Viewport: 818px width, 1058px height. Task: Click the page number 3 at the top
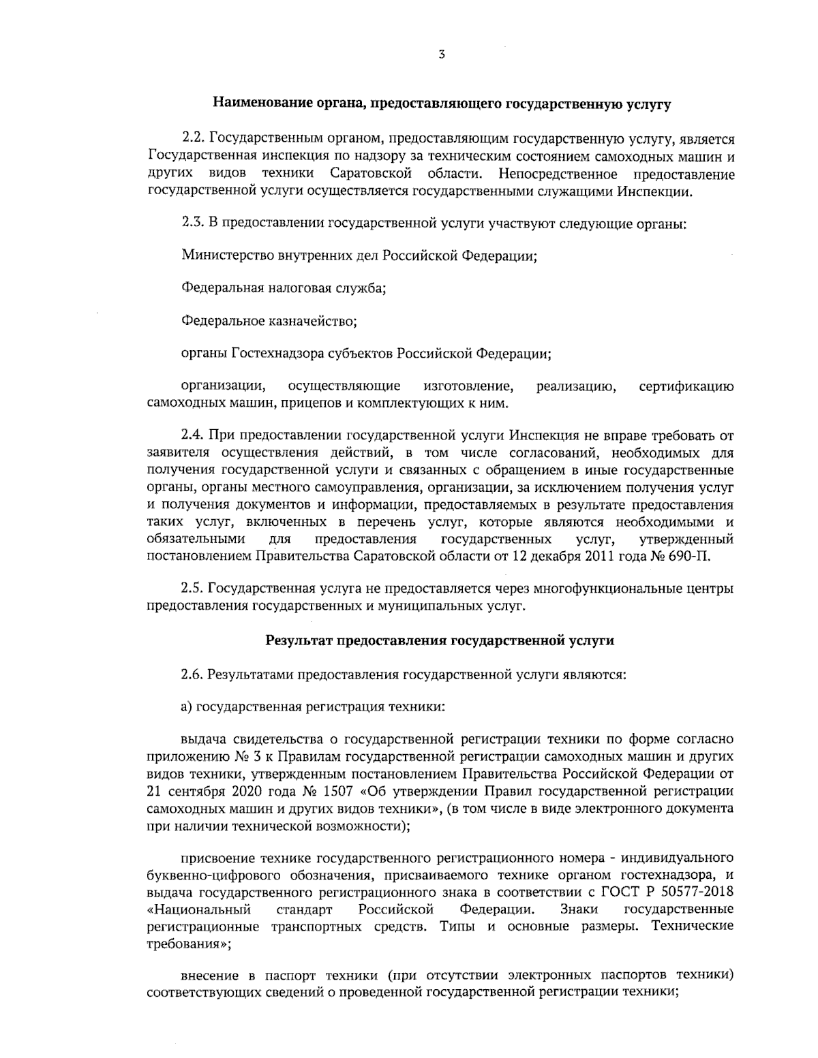[x=442, y=55]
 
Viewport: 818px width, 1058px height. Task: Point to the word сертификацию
[x=686, y=387]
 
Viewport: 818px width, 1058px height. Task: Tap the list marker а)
[x=187, y=706]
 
